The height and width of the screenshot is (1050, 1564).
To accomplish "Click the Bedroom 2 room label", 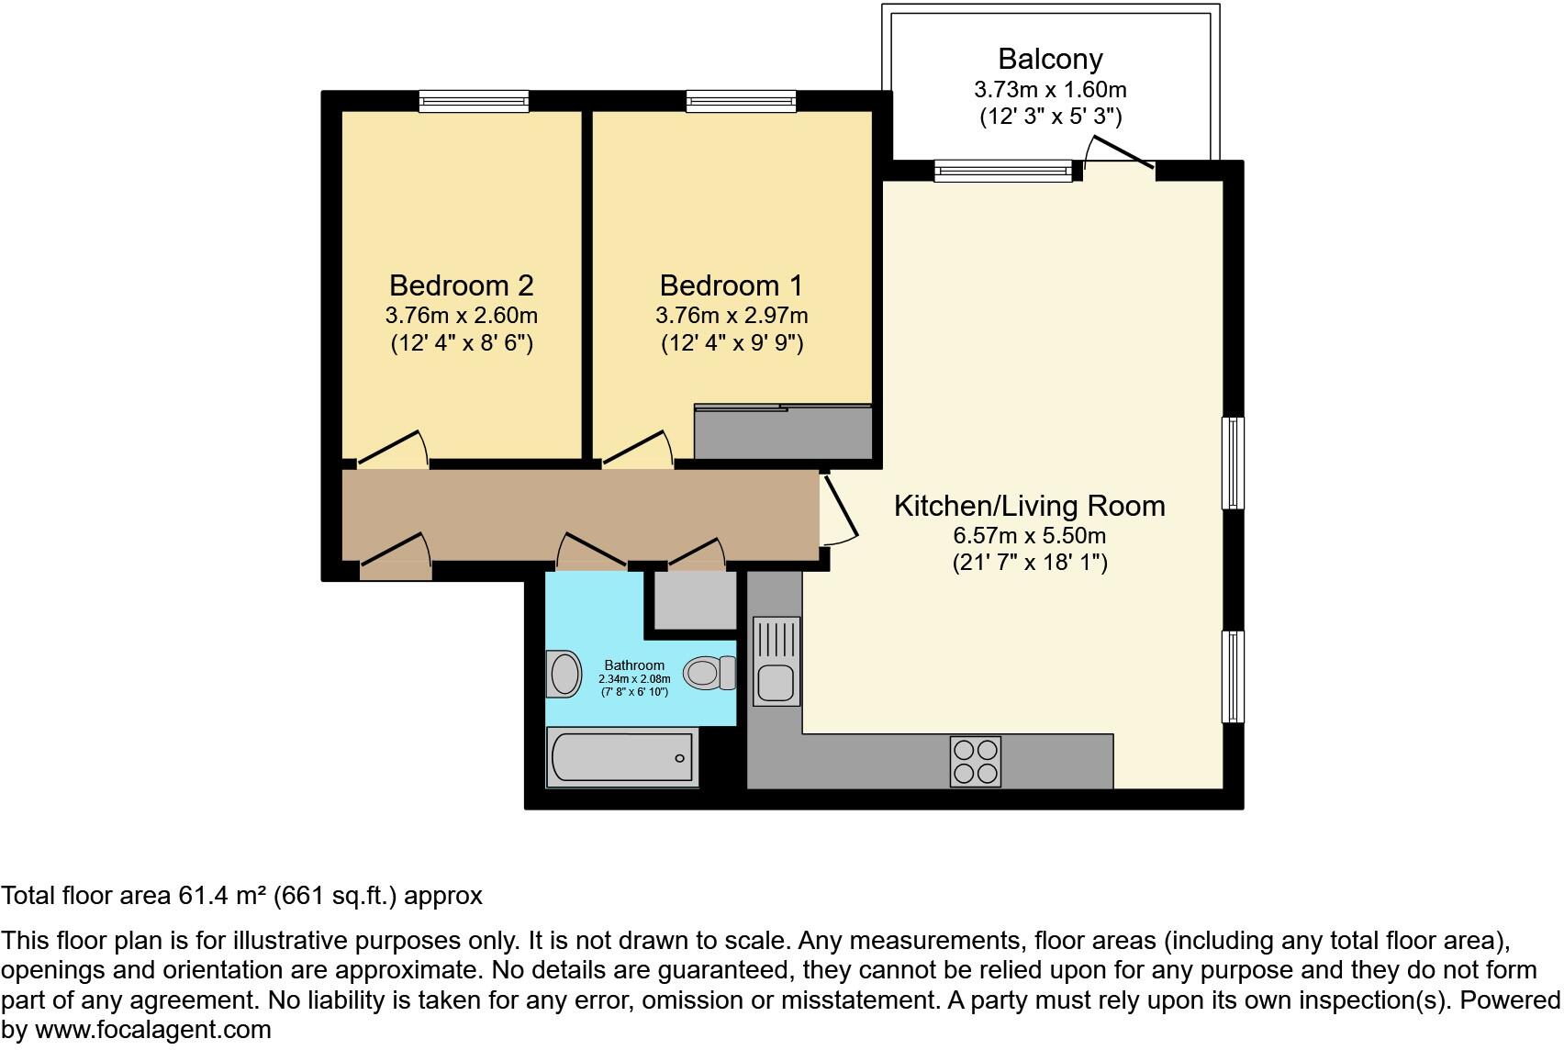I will (461, 285).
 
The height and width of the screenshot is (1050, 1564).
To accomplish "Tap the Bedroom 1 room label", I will (731, 285).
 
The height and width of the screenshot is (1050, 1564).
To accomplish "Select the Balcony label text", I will (1050, 59).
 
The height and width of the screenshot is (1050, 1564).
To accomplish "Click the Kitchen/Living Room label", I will (1029, 506).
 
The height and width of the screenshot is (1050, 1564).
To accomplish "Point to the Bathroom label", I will (633, 665).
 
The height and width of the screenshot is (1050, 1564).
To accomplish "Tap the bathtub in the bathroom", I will (621, 758).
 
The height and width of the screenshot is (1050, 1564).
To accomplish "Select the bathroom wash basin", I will (564, 674).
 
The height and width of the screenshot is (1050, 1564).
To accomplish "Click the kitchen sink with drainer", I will (776, 661).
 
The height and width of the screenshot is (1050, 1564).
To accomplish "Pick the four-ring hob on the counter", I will (976, 762).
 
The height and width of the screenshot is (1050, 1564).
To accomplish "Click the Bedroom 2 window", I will (474, 101).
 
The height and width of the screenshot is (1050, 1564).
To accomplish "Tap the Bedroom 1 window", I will (741, 101).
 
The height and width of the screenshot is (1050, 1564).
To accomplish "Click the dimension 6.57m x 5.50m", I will (1029, 535).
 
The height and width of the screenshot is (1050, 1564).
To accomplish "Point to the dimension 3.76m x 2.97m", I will (731, 316).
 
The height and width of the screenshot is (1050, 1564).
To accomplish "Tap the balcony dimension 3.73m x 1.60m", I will (1050, 90).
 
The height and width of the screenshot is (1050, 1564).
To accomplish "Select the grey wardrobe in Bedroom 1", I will (782, 432).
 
